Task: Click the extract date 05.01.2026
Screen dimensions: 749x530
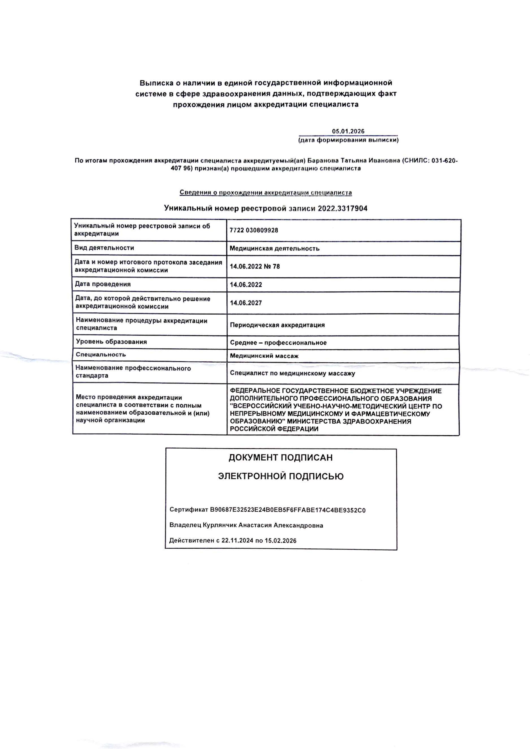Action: pos(348,131)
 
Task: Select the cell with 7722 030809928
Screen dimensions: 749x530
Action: pos(254,230)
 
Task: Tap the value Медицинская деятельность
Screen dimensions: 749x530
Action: pos(274,249)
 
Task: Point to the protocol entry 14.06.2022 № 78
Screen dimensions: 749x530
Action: pos(255,266)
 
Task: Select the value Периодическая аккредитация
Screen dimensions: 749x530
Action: pos(277,325)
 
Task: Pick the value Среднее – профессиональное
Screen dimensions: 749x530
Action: pos(278,343)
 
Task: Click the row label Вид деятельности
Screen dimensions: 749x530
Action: pos(104,248)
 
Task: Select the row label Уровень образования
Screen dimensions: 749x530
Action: pos(111,342)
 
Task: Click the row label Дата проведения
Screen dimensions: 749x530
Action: pos(103,284)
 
